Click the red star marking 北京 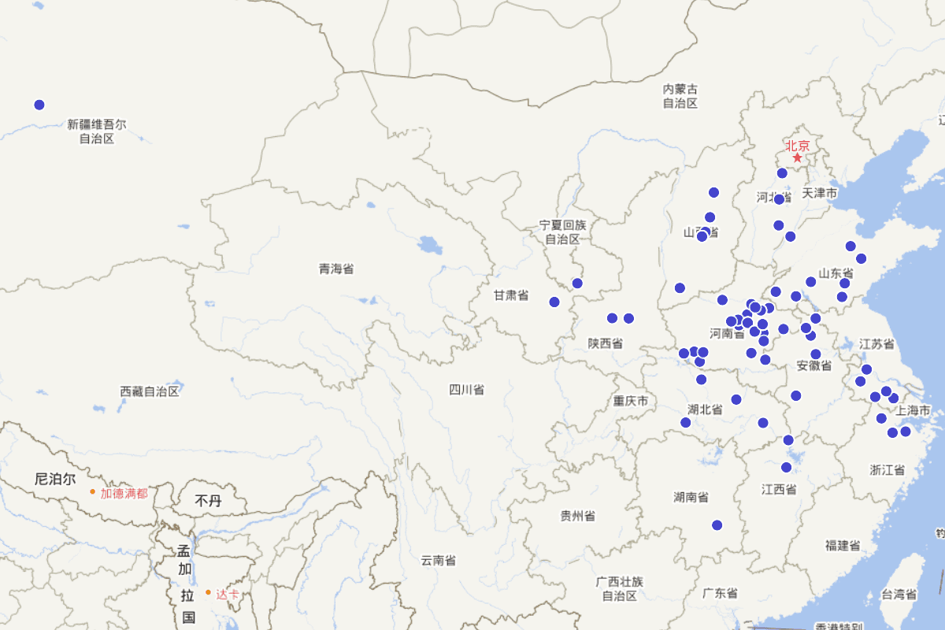pos(797,158)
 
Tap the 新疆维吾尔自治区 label pos(96,132)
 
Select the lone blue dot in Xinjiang pos(39,105)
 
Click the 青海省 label pos(336,269)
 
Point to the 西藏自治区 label pos(150,391)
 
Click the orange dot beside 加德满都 pos(92,492)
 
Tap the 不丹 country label pos(209,501)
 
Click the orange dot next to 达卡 pos(208,592)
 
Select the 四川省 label pos(466,390)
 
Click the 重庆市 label pos(631,402)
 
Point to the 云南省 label pos(438,561)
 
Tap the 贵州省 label pos(577,516)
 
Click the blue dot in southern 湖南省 pos(717,525)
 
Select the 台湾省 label pos(899,595)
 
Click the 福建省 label pos(843,545)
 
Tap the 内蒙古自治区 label pos(680,96)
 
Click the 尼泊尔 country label pos(55,479)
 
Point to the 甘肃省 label pos(511,296)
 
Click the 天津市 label pos(820,193)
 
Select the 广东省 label pos(720,593)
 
